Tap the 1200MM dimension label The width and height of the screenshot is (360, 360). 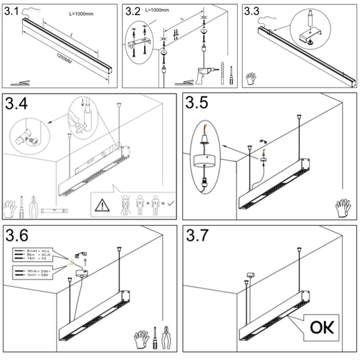click(64, 60)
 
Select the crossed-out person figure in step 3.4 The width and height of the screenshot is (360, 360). click(124, 204)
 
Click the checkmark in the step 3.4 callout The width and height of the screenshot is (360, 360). click(171, 204)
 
